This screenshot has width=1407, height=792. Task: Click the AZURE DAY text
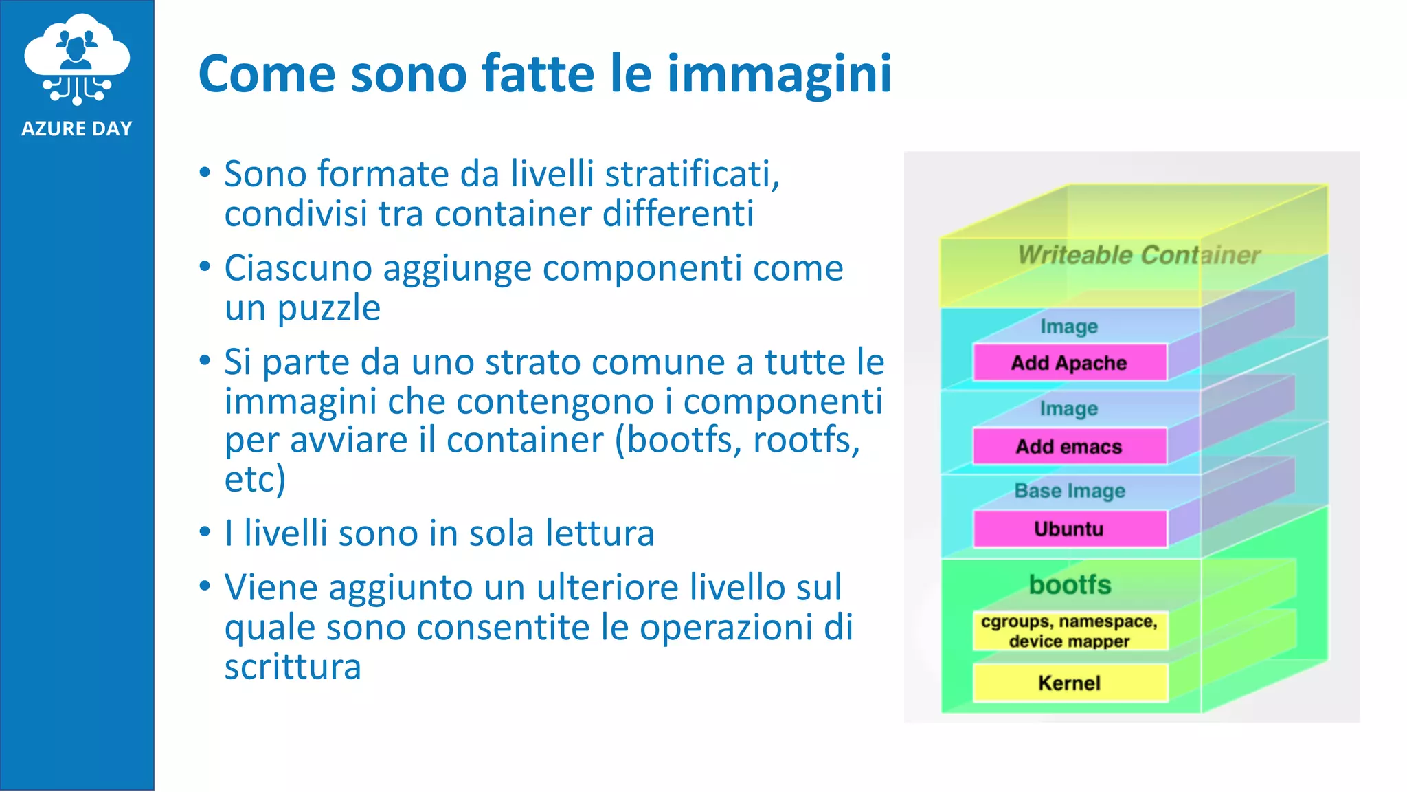(77, 129)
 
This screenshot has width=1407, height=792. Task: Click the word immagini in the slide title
(779, 74)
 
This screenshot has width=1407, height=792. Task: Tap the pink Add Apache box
(1069, 362)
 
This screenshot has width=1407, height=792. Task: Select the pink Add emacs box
(1069, 446)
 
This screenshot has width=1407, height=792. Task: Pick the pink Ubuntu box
(1069, 529)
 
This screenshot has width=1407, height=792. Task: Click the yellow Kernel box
(1069, 683)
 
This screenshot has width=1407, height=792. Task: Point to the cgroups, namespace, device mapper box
(1069, 630)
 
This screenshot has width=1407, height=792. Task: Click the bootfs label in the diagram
(1070, 584)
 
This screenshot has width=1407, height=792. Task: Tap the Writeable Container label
(1138, 255)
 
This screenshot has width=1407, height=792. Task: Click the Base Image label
(1070, 491)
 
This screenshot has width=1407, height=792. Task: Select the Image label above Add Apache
(1069, 326)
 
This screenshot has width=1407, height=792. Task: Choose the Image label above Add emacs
(1069, 408)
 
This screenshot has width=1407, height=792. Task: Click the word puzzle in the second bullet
(328, 309)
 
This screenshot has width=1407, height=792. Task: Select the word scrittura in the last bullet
(293, 667)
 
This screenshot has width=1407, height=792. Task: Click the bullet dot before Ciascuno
(205, 266)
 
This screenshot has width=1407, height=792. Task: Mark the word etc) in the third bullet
(255, 479)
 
